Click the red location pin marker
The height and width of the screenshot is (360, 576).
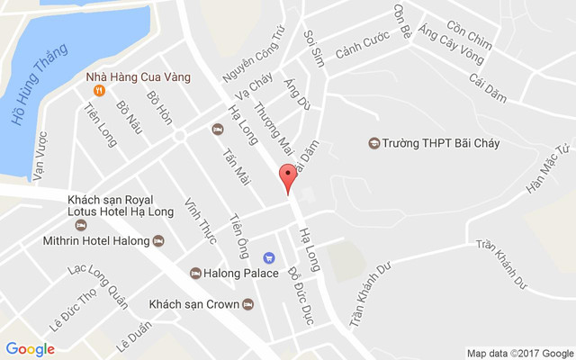pos(287,177)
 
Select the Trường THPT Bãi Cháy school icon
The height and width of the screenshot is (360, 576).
pos(373,143)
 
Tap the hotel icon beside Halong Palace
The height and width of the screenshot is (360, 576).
pos(195,273)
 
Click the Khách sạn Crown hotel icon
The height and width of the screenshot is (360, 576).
pos(247,304)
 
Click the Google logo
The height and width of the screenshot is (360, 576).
pos(30,348)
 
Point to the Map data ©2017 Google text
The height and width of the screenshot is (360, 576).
pos(519,352)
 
